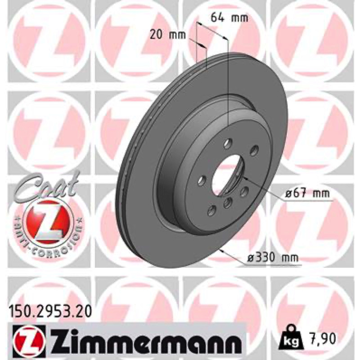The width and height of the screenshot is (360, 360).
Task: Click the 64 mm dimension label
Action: tap(229, 18)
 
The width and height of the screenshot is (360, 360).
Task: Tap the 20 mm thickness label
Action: tap(167, 35)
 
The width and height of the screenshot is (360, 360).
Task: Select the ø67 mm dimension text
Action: tap(307, 194)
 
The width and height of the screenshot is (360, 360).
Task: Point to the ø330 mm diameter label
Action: tap(272, 258)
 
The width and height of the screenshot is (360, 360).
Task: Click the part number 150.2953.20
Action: tap(50, 312)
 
